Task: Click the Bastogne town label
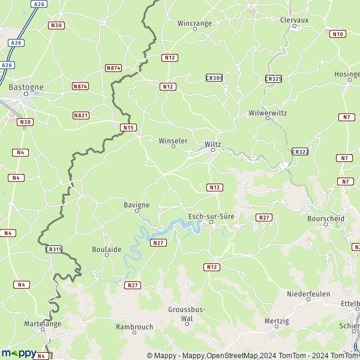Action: [26, 87]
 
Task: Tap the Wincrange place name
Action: [194, 23]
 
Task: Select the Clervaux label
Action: [294, 19]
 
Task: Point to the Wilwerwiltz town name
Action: [268, 113]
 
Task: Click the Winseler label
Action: [173, 140]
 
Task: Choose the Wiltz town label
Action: [213, 144]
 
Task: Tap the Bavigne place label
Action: [136, 205]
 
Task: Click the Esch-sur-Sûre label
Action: [211, 215]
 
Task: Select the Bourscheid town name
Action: [325, 218]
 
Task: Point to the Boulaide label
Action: [106, 248]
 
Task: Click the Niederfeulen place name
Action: [308, 293]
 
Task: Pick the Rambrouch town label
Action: [134, 327]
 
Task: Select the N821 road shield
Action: [80, 115]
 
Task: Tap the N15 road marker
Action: [128, 127]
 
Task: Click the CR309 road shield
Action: [214, 78]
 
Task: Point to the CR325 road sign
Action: [273, 79]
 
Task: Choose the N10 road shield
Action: [338, 34]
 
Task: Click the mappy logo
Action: [19, 353]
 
